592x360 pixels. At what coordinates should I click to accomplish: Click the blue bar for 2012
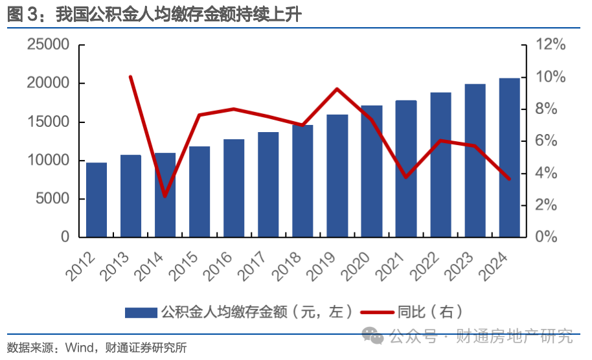[97, 199]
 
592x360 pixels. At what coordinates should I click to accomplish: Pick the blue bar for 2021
[406, 168]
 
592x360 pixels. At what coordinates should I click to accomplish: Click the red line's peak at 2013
[131, 76]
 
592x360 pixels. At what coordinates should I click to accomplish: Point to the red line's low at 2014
[165, 196]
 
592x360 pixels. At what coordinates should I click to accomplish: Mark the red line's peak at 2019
[337, 89]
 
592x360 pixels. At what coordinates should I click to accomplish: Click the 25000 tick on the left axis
[47, 45]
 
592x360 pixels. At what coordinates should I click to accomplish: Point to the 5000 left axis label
[51, 199]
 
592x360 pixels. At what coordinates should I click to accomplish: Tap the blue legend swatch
[141, 313]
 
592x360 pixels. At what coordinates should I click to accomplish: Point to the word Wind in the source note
[80, 348]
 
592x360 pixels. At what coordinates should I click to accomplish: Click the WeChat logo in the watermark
[372, 336]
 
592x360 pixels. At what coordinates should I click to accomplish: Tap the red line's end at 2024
[509, 179]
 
